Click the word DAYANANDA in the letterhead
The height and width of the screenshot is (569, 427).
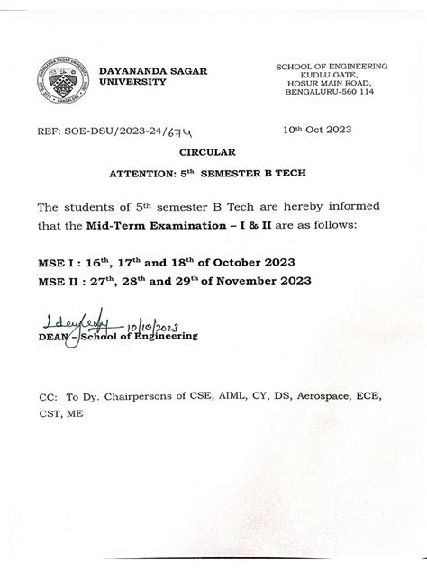click(x=126, y=69)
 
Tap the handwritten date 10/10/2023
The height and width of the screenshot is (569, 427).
click(x=155, y=325)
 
